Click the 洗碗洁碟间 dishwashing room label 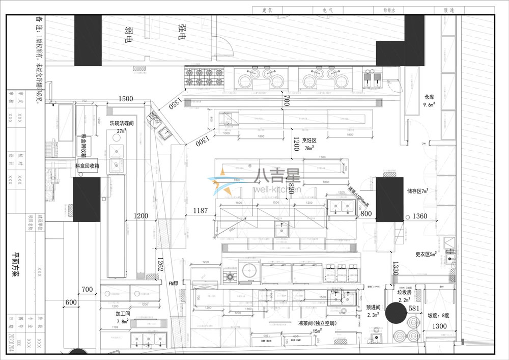click(x=121, y=123)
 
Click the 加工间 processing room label click(x=122, y=314)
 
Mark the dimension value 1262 click(x=160, y=264)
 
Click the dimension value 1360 click(x=420, y=216)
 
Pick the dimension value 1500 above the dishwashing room click(x=126, y=98)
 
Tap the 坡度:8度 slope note click(x=438, y=315)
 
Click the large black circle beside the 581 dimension click(x=395, y=313)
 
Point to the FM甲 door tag click(x=174, y=282)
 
